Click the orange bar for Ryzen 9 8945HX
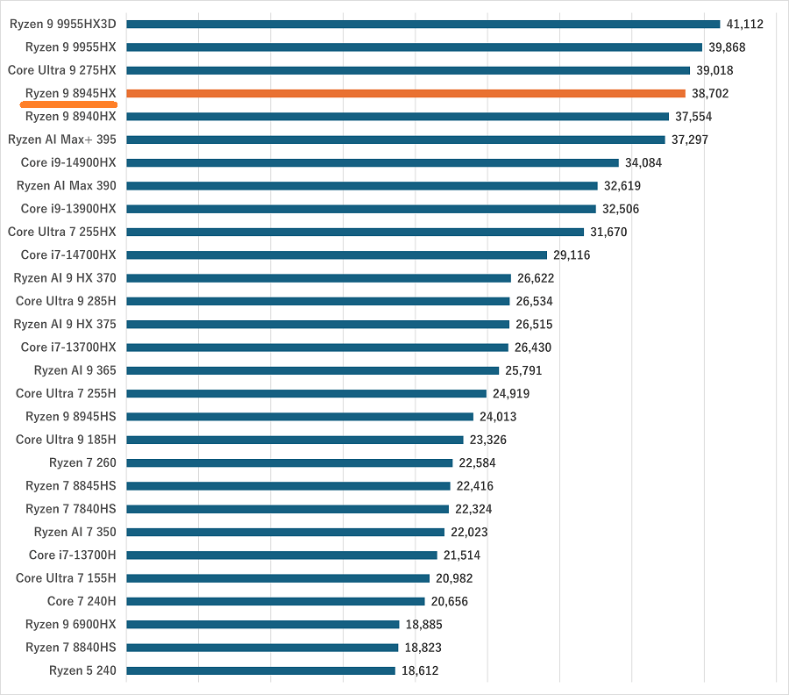406,93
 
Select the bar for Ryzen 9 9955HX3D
423,24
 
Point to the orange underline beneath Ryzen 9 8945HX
68,104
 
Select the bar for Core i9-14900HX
373,162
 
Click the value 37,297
690,140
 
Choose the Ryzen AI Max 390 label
66,185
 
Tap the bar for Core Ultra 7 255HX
355,232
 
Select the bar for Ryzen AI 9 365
313,370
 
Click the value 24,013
498,417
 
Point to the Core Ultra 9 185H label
66,440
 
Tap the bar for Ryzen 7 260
289,462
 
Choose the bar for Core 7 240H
276,601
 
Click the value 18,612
420,670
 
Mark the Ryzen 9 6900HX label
70,624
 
